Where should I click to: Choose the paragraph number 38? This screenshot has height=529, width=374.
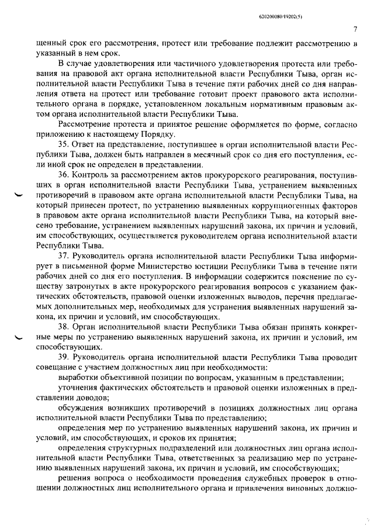65,328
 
